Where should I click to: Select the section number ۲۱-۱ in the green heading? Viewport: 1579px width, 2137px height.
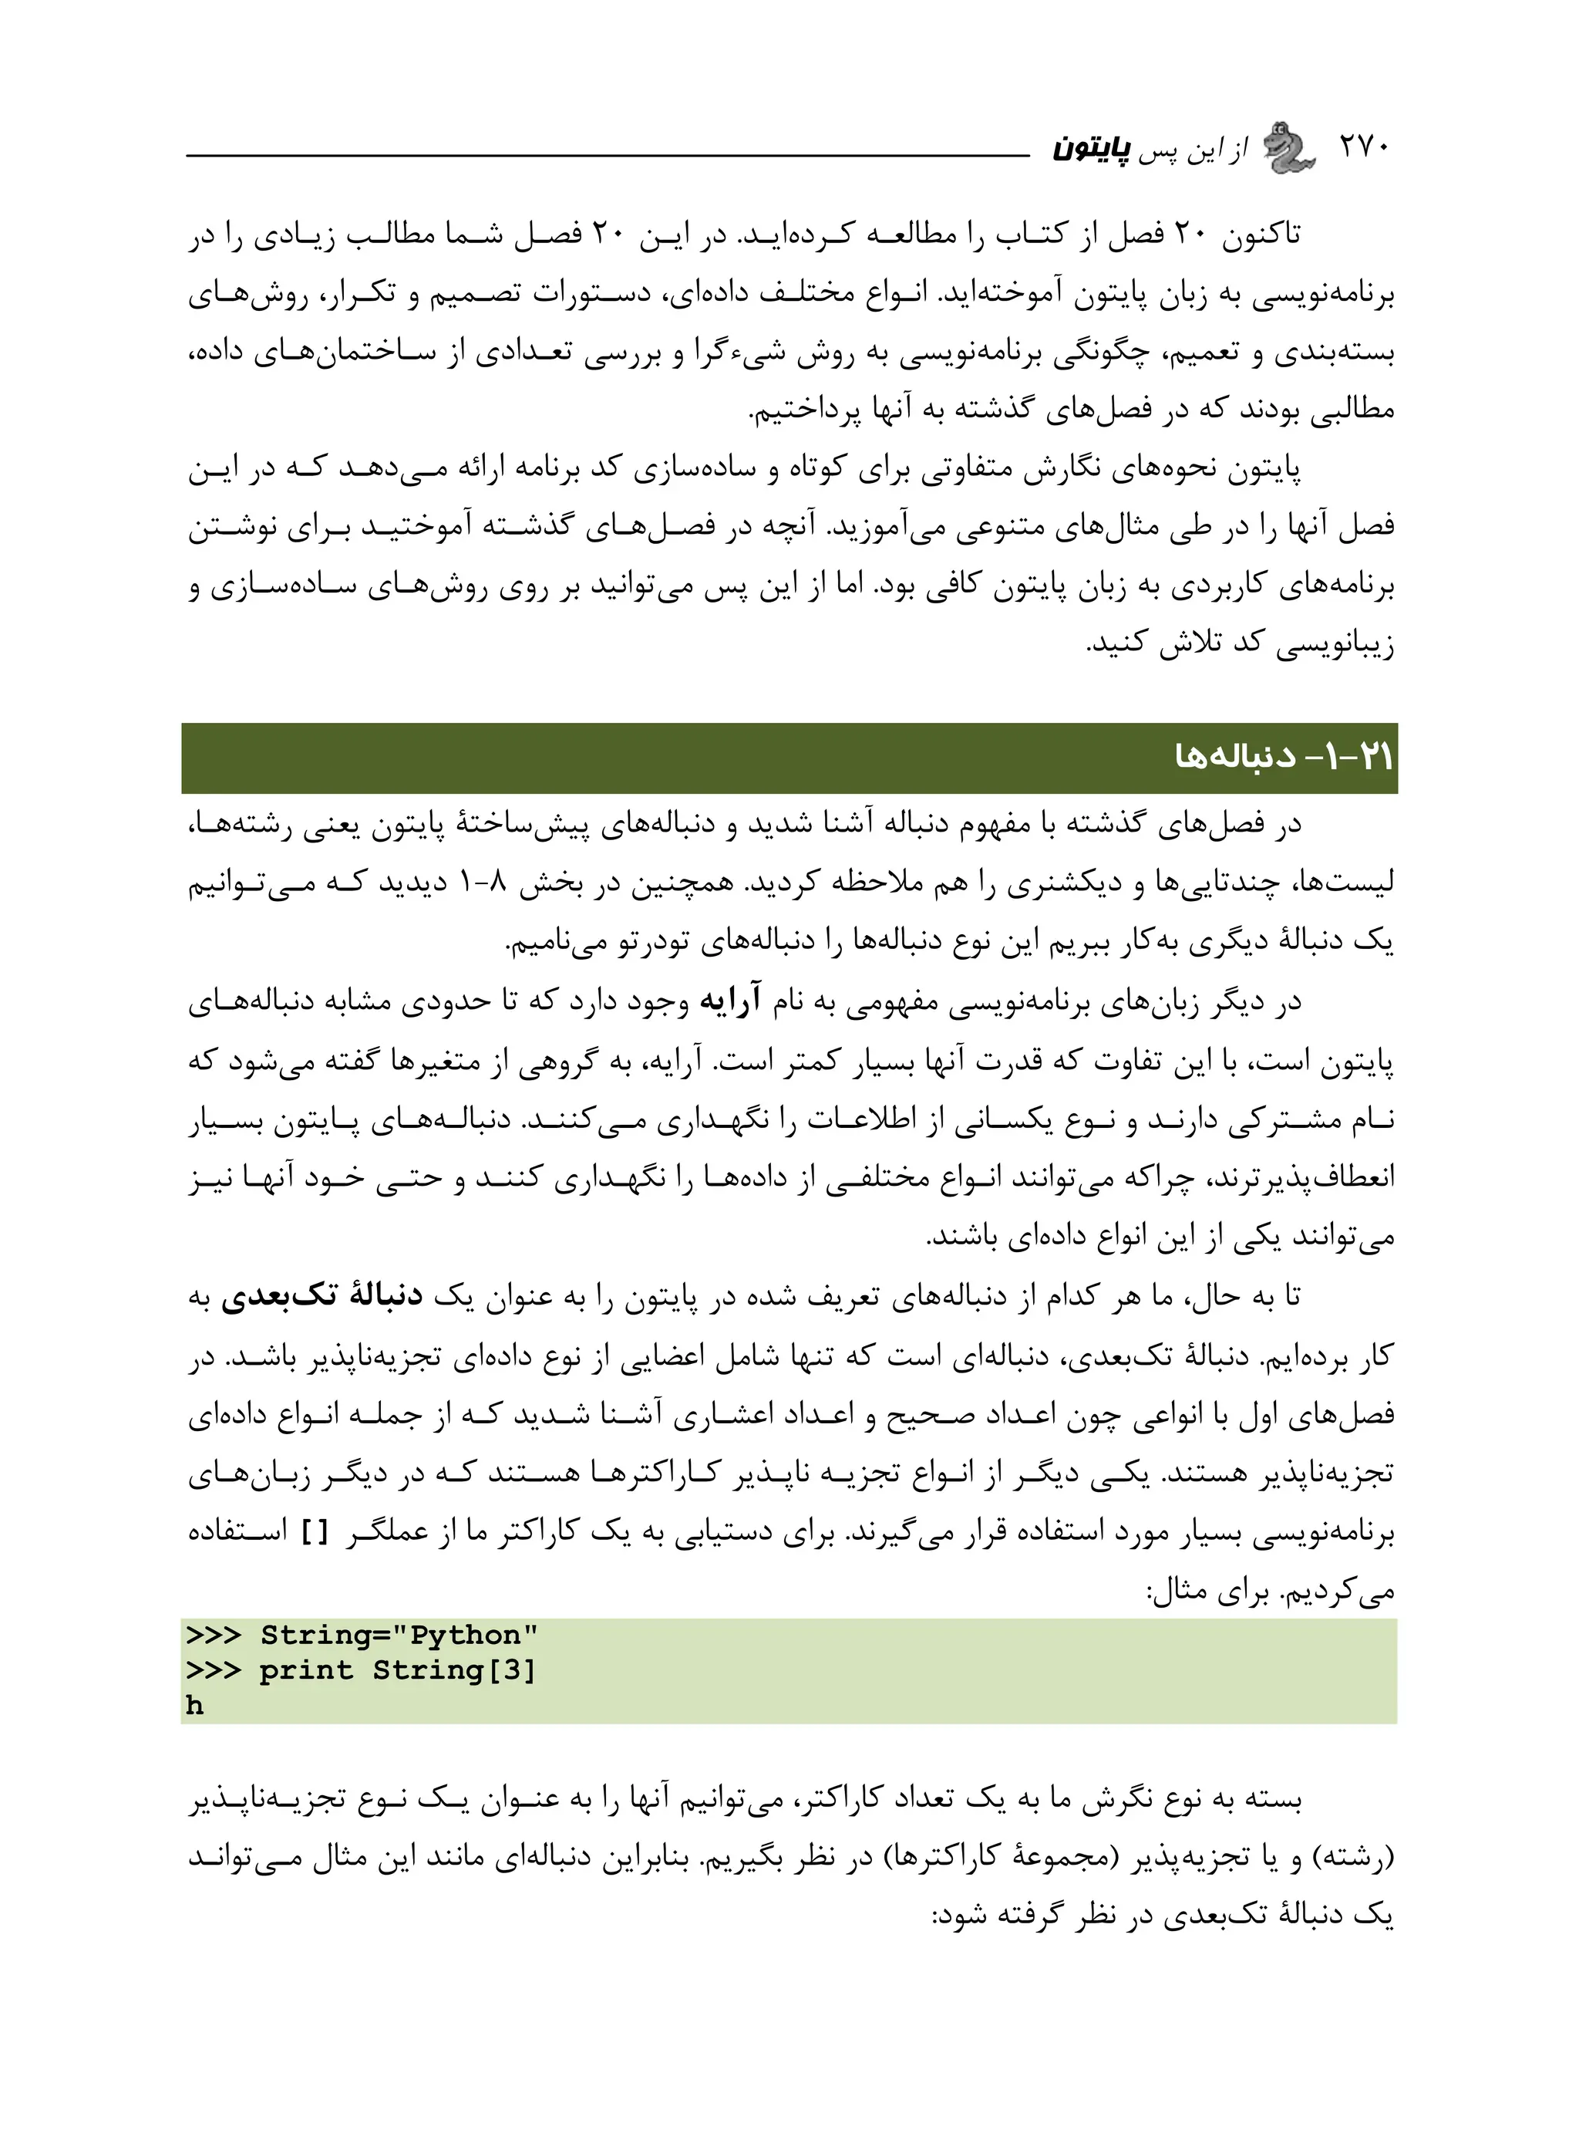coord(1363,758)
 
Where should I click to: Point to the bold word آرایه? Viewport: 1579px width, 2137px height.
coord(731,1002)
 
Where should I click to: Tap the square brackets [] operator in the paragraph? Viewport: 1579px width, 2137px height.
coord(315,1534)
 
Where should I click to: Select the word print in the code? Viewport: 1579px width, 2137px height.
coord(306,1671)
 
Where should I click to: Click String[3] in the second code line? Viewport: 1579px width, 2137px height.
coord(455,1671)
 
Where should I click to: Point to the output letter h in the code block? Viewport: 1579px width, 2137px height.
coord(195,1707)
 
